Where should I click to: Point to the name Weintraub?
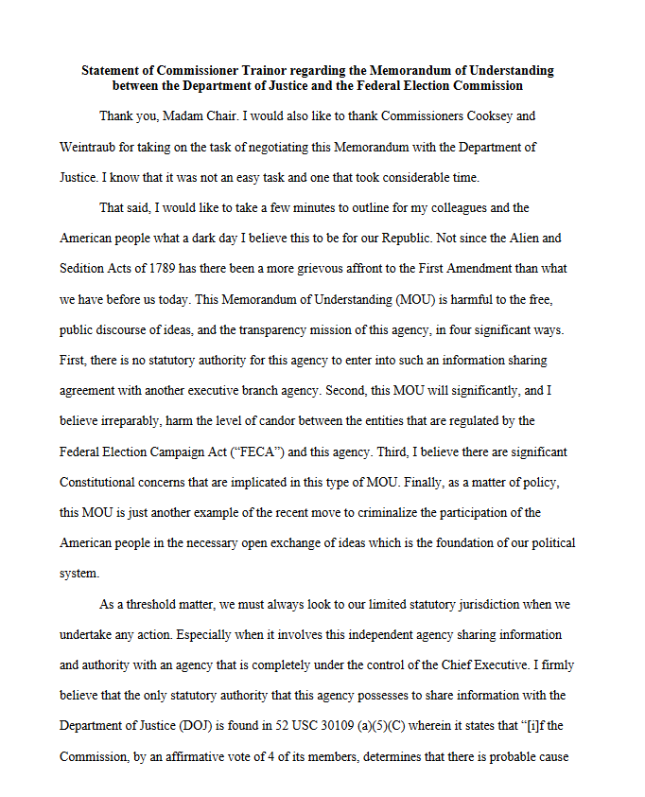(89, 147)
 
